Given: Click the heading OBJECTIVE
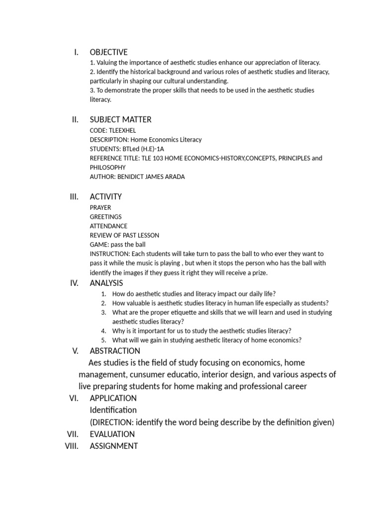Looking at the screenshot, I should point(108,52).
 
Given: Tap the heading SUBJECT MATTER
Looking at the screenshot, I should point(120,119).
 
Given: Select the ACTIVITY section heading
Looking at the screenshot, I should point(105,196).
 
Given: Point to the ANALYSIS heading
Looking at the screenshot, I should point(106,283).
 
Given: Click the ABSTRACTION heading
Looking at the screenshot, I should point(115,351).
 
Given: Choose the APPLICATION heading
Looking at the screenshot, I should point(113,398).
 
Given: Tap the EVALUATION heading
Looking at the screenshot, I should point(112,434).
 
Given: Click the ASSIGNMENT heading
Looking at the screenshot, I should point(113,446).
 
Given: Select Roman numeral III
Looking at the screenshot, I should point(74,196).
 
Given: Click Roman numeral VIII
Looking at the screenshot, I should point(72,446).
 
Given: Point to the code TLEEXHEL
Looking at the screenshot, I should point(121,130).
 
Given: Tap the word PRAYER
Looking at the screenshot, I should point(100,207).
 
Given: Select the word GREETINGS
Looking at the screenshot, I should point(105,217).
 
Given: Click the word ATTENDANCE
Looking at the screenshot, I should point(108,226).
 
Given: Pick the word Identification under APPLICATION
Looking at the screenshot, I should point(113,410).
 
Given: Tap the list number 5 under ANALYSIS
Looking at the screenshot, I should point(103,340).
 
